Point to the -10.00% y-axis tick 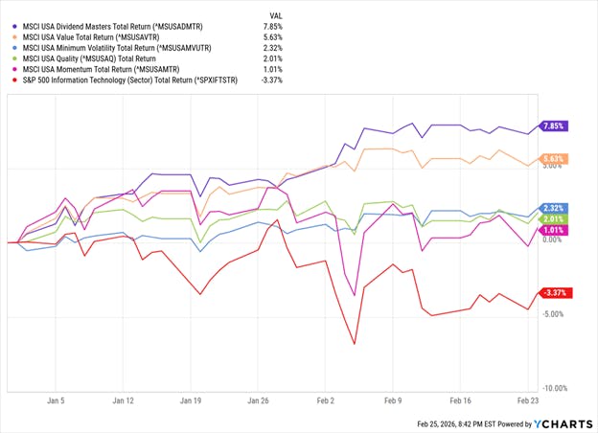pos(557,389)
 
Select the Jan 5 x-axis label pos(56,401)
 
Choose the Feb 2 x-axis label pos(328,401)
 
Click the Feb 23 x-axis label pos(528,401)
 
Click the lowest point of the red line pos(355,344)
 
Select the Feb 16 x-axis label pos(462,401)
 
